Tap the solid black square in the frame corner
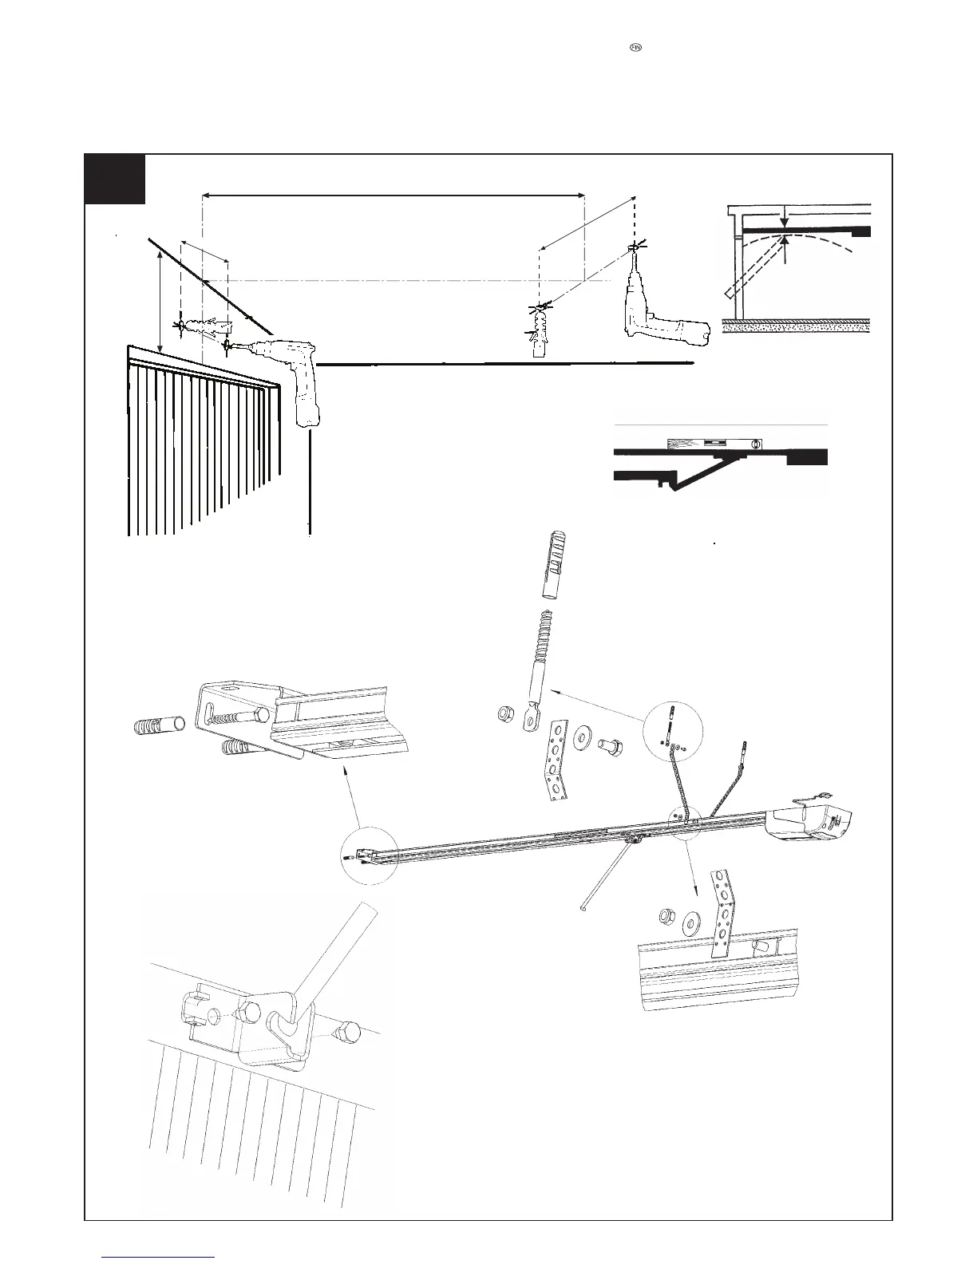tap(115, 179)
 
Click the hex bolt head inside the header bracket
tap(260, 712)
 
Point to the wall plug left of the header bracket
tap(158, 725)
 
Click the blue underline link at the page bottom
tap(159, 1257)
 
